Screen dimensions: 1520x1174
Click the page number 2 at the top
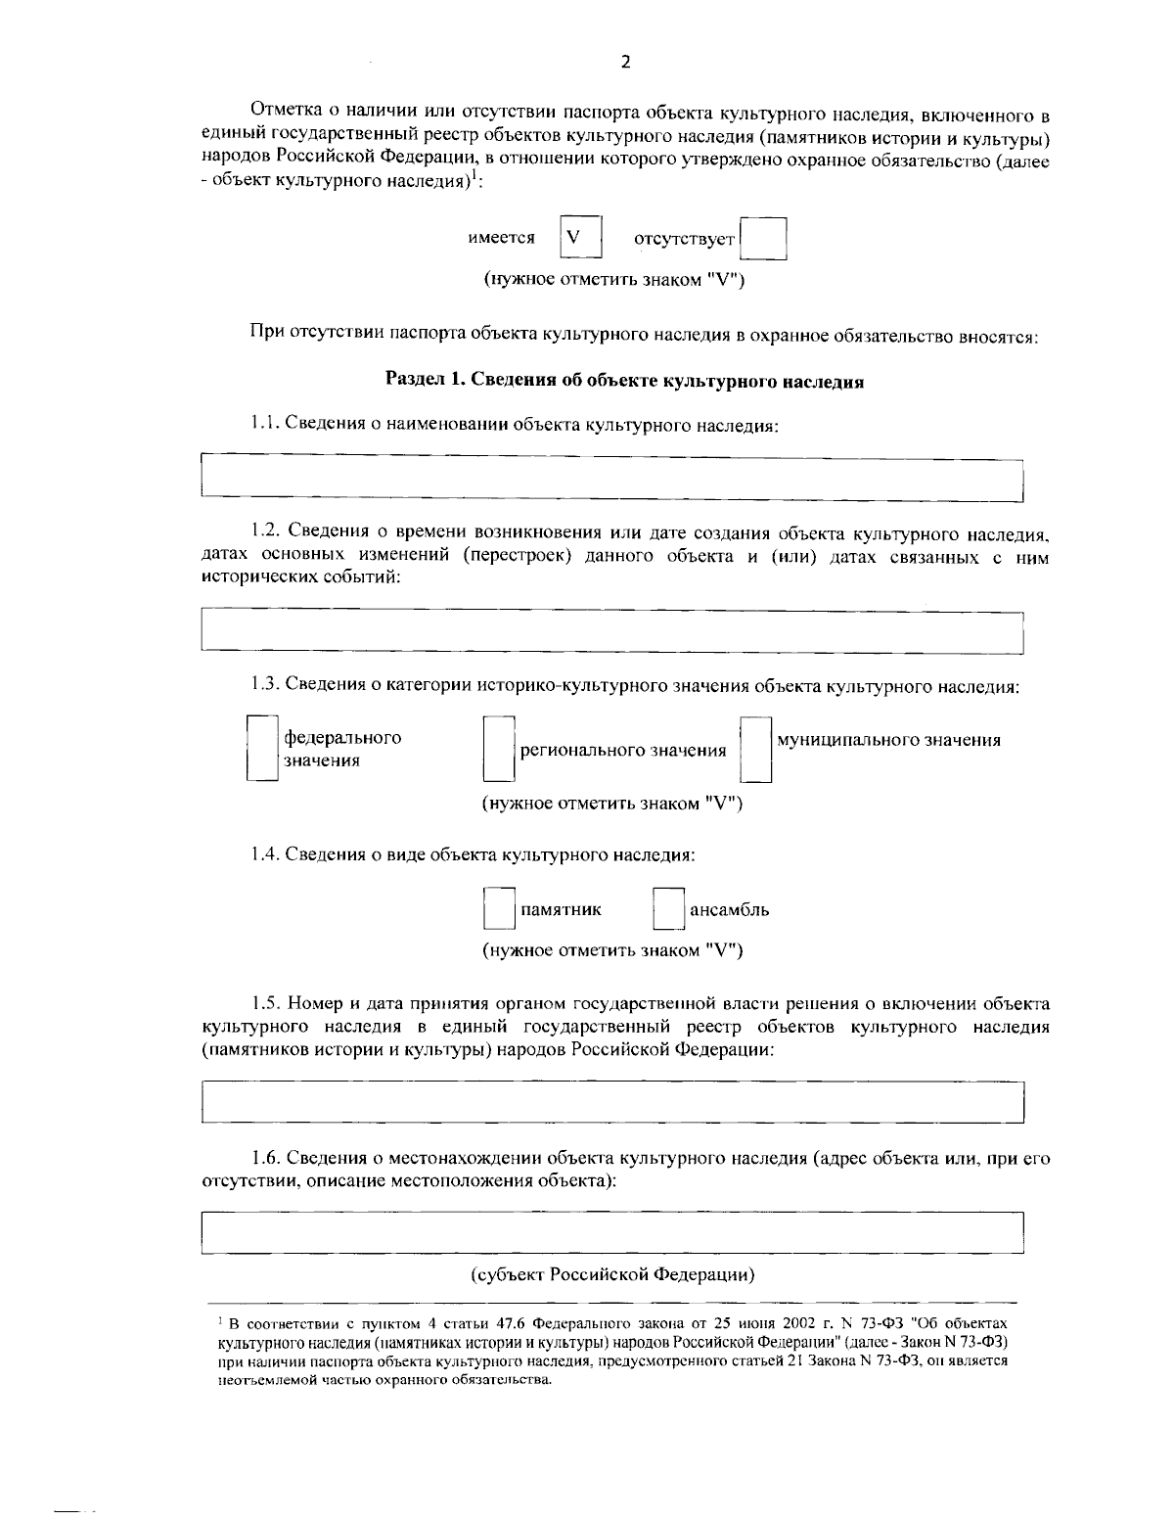626,62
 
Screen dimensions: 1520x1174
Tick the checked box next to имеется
580,238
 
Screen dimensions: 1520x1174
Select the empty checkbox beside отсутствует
764,239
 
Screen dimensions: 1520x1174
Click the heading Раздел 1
624,382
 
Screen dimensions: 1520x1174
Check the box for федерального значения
261,749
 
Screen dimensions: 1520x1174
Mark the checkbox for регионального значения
498,750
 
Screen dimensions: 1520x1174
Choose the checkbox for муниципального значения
755,750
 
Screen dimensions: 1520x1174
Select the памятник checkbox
499,909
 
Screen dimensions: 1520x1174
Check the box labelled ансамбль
669,909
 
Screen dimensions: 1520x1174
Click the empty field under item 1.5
611,1101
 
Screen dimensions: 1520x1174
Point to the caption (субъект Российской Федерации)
612,1274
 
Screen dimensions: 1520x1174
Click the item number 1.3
265,686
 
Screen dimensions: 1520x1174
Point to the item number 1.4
265,854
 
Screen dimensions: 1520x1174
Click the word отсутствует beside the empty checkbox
684,239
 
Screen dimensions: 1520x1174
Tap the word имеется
502,238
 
